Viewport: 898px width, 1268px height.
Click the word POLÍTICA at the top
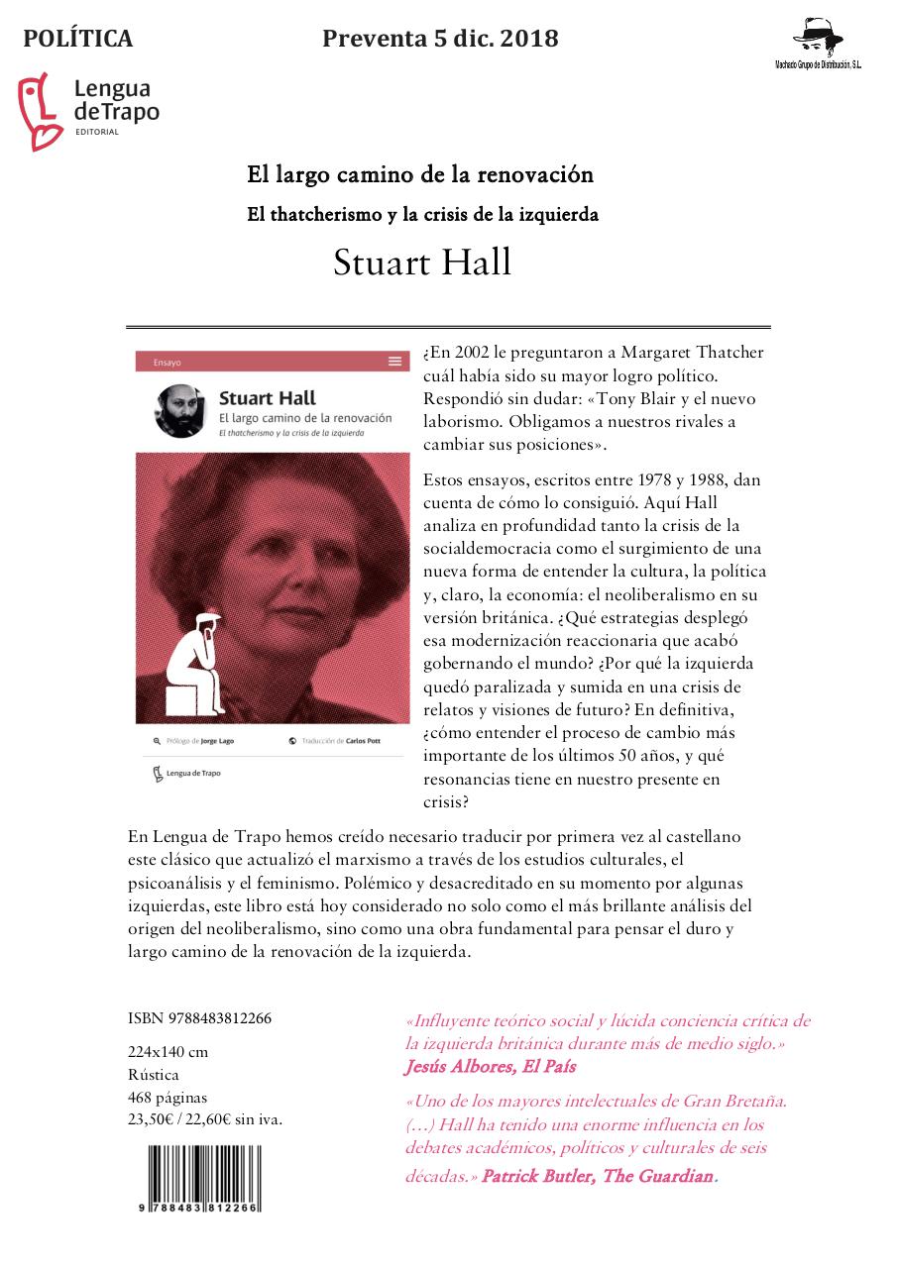pos(77,39)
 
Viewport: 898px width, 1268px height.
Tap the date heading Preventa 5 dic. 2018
pos(440,39)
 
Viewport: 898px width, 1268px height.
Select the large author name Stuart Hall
pos(422,263)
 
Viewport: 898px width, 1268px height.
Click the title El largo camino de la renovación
pos(420,175)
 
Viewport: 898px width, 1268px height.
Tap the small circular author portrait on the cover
pos(180,409)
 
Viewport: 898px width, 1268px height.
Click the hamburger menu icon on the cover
pos(395,362)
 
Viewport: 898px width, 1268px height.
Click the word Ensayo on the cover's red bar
pos(168,363)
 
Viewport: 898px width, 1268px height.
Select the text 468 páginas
pos(168,1097)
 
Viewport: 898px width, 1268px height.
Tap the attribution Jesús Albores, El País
pos(490,1067)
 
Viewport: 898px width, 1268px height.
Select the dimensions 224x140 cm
pos(168,1052)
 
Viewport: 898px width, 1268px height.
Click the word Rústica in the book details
pos(154,1075)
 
